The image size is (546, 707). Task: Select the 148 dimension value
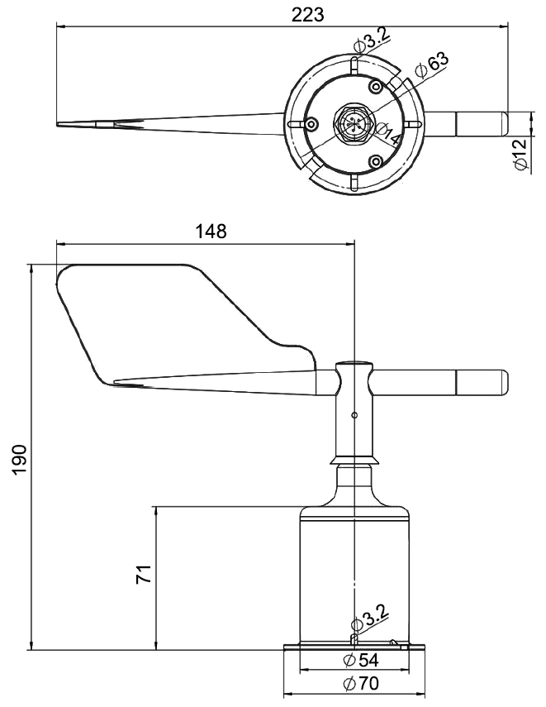(x=211, y=232)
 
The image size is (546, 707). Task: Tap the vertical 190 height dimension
(x=19, y=460)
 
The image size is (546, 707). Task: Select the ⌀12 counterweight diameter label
(x=520, y=155)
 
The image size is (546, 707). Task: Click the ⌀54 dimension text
(x=360, y=660)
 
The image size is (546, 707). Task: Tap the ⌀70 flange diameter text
(x=360, y=684)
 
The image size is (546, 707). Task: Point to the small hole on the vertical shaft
(x=354, y=415)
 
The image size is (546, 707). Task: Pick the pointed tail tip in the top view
(x=62, y=125)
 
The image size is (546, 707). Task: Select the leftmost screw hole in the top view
(x=311, y=124)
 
